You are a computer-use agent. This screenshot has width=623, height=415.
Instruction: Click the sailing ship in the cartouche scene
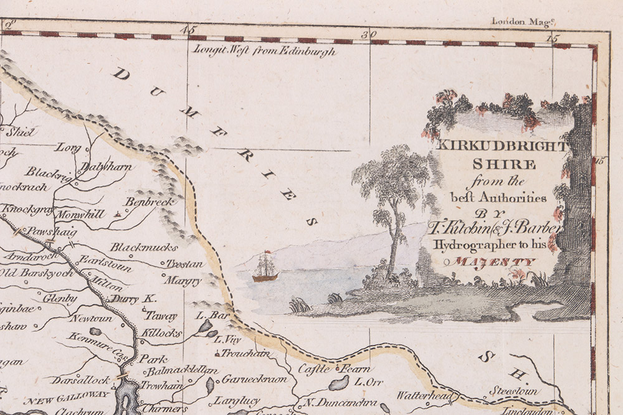click(x=265, y=268)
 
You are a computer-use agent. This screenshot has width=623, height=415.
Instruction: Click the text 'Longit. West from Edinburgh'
click(x=265, y=52)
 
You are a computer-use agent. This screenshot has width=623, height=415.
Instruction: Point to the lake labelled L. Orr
click(x=340, y=383)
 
